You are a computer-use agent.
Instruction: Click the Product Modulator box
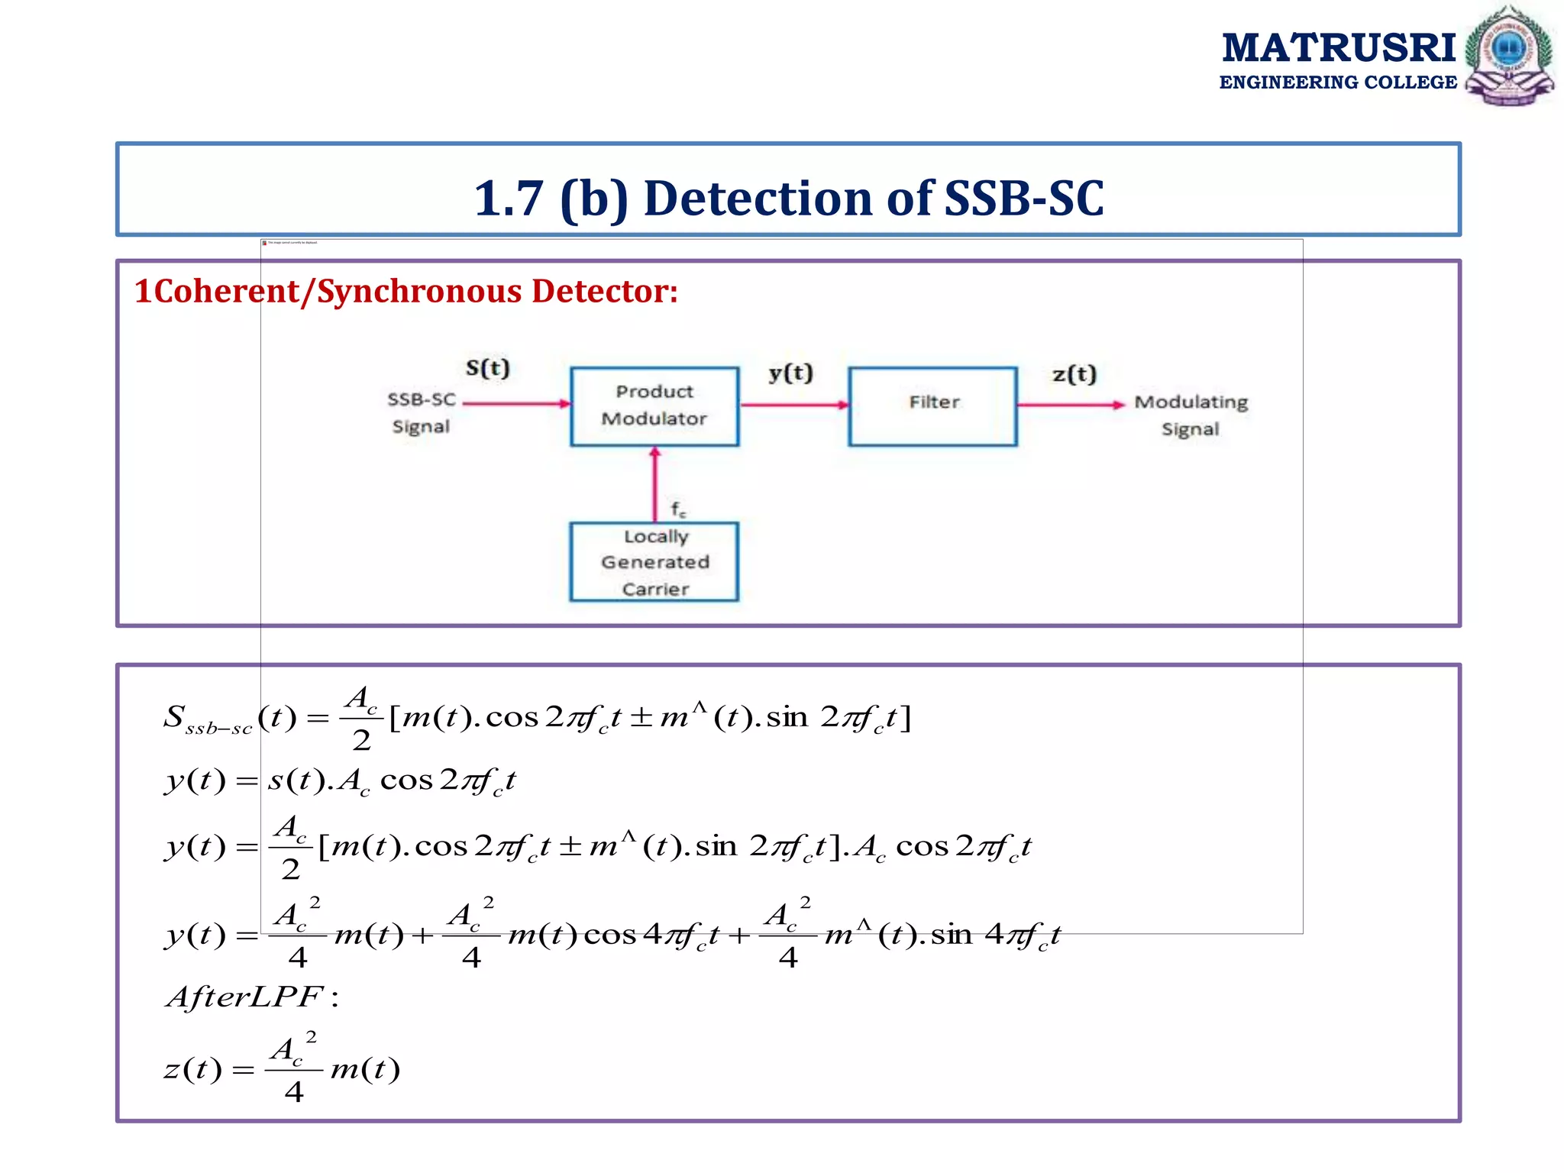tap(654, 406)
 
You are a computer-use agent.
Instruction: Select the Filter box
tap(932, 406)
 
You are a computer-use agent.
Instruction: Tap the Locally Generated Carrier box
tap(654, 562)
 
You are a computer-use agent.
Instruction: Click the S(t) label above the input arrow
tap(487, 368)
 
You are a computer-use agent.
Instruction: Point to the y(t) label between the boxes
tap(790, 373)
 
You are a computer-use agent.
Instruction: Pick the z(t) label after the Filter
tap(1074, 374)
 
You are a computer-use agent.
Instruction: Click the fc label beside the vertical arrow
tap(678, 509)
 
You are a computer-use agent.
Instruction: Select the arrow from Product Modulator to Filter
tap(793, 405)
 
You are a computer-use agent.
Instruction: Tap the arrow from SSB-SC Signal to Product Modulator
tap(516, 404)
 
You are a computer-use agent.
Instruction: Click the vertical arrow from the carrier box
tap(654, 484)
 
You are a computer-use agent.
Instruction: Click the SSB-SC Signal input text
tap(421, 412)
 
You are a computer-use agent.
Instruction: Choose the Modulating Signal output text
tap(1191, 415)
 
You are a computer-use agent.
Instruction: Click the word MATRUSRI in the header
tap(1339, 47)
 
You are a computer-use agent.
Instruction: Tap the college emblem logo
tap(1508, 55)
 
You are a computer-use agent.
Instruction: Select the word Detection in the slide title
tap(757, 199)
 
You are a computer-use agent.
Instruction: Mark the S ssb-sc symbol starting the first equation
tap(206, 719)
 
